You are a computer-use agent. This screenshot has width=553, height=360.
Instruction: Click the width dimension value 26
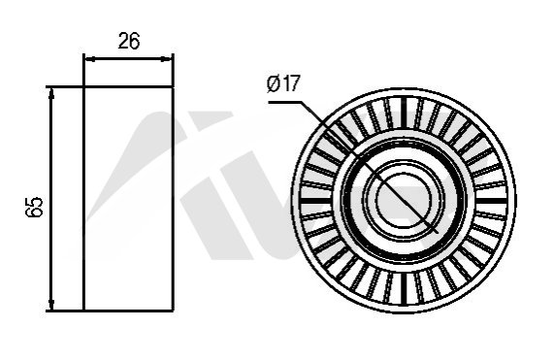pos(129,41)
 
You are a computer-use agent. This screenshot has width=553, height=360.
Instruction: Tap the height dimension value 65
pos(35,207)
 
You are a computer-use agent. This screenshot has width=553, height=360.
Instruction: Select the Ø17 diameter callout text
pos(283,83)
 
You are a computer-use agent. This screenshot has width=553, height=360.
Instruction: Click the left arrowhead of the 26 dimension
pos(90,59)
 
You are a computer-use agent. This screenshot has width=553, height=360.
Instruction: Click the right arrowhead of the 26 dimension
pos(167,59)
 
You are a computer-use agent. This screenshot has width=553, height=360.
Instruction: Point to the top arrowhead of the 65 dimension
pos(51,93)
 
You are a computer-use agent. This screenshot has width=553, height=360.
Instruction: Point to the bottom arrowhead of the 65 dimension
pos(51,305)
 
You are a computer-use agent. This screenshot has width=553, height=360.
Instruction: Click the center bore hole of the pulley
pos(405,200)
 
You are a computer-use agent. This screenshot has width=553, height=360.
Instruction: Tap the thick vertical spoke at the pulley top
pos(405,113)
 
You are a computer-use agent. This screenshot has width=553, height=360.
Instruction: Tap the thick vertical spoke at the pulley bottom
pos(405,289)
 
